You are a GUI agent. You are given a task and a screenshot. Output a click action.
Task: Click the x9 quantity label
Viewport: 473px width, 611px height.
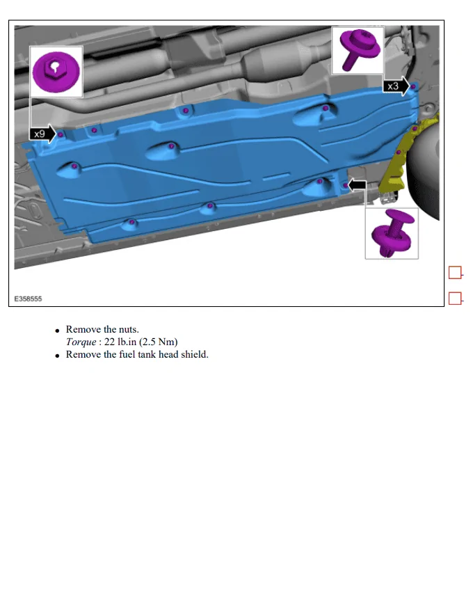(40, 134)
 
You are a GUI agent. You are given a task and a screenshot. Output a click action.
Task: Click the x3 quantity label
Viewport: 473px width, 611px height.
(393, 86)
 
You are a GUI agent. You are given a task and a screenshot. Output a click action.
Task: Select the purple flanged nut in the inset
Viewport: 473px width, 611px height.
(56, 72)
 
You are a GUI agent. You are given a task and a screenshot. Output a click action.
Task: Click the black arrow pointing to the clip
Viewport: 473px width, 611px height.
(357, 186)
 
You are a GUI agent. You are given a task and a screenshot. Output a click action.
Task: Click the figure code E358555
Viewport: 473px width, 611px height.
(28, 299)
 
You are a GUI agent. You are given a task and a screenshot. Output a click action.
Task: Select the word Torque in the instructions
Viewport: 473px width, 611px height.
(81, 342)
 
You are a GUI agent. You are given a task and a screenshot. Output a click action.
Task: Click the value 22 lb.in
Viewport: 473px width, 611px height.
(120, 342)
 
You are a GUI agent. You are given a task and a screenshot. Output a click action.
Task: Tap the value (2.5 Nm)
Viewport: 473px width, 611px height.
(158, 342)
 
